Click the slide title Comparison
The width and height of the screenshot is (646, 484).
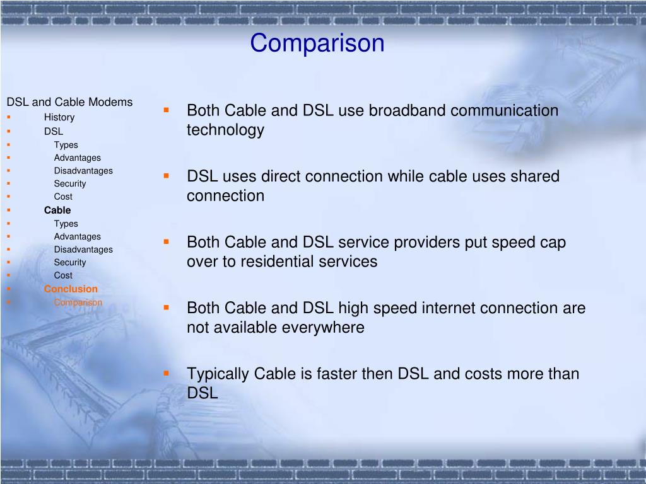(x=317, y=43)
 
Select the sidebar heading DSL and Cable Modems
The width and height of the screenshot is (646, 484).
(x=69, y=102)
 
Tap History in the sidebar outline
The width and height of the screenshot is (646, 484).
(x=59, y=117)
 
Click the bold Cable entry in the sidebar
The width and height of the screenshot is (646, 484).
(x=57, y=210)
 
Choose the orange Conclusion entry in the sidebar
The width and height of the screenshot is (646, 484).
(x=71, y=289)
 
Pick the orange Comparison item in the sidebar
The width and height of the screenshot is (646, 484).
(x=78, y=302)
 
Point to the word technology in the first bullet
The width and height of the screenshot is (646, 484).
(x=225, y=130)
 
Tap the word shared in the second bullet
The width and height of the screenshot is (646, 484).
(x=535, y=176)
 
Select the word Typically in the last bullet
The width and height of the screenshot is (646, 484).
(x=218, y=374)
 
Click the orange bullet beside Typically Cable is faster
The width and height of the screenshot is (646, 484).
(x=167, y=373)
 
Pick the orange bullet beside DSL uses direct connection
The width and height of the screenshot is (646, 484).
(x=167, y=176)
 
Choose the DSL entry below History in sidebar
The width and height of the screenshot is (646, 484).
(x=54, y=132)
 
